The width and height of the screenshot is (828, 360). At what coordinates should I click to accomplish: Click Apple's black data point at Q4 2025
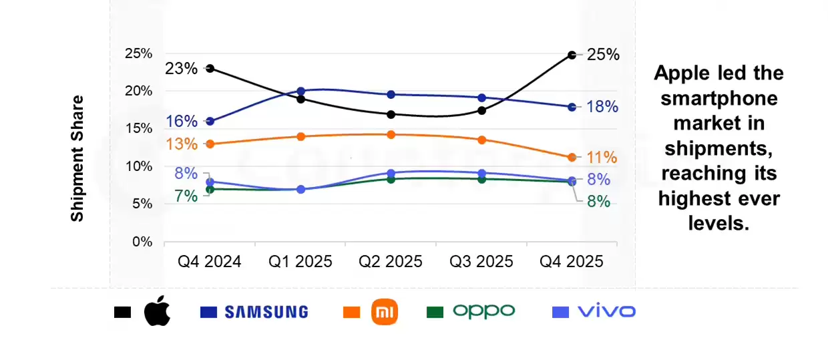point(572,55)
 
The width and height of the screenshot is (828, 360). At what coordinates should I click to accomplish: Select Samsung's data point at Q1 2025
point(300,91)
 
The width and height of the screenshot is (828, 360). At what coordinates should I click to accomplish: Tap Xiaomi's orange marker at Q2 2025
point(391,134)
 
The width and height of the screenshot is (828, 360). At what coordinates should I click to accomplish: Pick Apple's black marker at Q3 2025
point(481,110)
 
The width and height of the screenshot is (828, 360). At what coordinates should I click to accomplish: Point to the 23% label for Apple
point(182,68)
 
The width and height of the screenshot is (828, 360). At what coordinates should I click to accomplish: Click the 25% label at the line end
point(603,55)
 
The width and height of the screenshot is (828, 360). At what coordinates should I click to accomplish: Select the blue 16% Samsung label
point(182,122)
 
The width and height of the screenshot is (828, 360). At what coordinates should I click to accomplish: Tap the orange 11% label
point(602,158)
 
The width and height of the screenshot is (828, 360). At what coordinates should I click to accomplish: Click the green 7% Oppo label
point(186,196)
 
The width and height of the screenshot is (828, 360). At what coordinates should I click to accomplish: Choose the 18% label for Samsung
point(602,107)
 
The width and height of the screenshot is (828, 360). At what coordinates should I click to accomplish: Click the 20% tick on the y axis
point(138,91)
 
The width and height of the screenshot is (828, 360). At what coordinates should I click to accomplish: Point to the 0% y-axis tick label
point(141,242)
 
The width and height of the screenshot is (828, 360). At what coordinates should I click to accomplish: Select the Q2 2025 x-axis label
point(391,261)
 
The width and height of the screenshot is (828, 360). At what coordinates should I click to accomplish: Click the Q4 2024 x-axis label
point(210,261)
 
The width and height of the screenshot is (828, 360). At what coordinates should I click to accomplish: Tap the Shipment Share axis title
point(77,158)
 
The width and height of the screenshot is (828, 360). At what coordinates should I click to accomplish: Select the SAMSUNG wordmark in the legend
point(266,312)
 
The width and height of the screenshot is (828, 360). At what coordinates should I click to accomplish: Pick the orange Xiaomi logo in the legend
point(384,312)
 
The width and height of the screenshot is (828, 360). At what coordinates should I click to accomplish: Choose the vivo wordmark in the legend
point(606,311)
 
